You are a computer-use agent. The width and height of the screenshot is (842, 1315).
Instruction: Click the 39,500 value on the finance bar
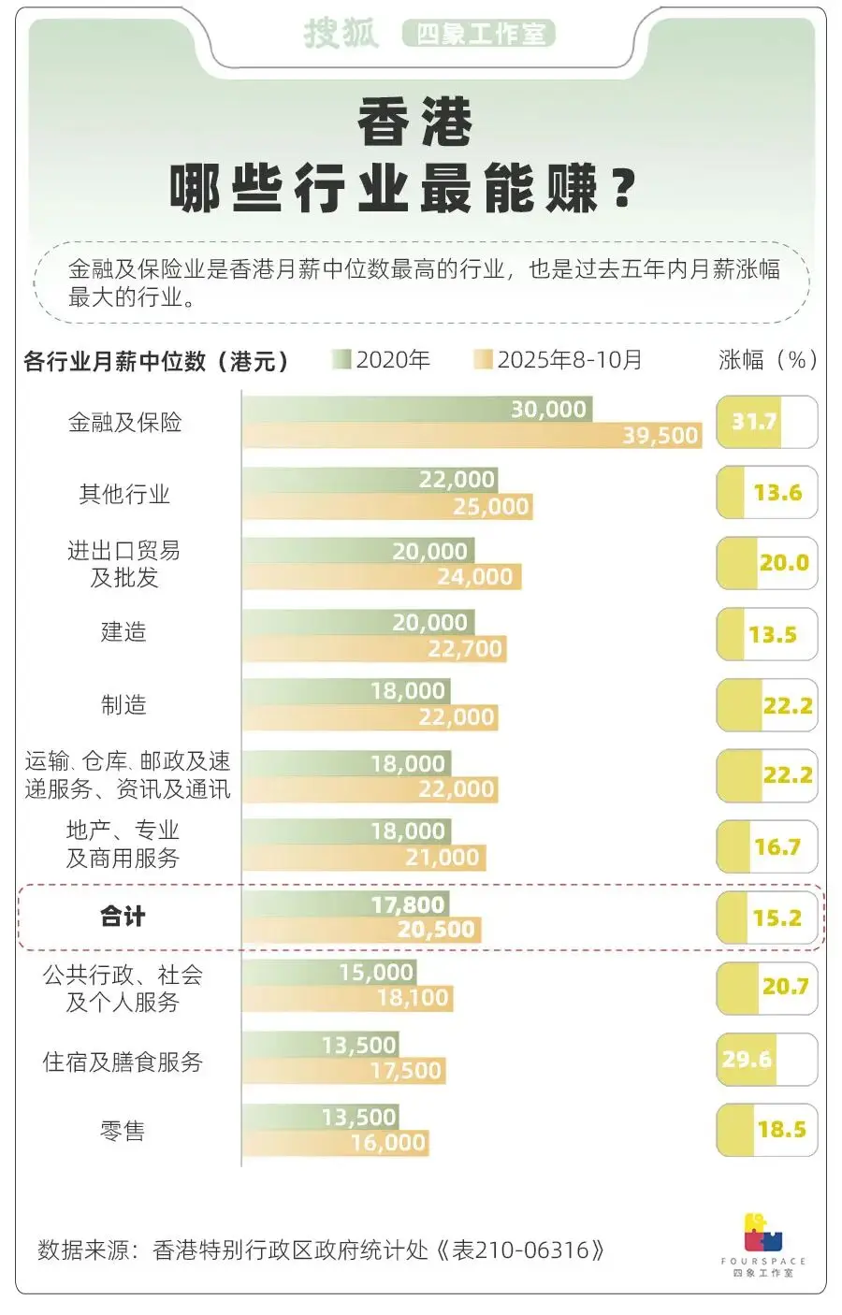661,436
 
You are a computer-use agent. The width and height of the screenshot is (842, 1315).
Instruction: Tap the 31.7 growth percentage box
766,422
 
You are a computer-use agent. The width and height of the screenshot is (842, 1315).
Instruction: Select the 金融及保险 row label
124,423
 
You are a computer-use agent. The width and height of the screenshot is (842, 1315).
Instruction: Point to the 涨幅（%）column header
767,360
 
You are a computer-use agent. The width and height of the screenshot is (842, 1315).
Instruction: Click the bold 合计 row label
123,917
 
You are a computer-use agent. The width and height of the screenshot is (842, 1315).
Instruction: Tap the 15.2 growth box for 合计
766,918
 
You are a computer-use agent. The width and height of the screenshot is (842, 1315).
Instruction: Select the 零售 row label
123,1131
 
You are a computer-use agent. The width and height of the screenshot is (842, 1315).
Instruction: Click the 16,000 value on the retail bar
388,1143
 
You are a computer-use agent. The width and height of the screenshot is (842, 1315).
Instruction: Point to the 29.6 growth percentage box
766,1059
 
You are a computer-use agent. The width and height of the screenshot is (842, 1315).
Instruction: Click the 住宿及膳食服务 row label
123,1062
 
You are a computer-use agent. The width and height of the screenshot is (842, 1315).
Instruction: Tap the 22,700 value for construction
465,649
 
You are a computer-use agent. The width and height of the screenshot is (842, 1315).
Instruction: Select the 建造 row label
123,632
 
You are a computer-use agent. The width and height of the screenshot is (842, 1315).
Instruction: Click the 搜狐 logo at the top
341,34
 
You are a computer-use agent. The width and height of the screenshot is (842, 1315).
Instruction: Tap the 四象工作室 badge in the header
479,35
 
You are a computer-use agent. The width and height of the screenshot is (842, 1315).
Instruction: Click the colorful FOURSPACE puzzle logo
762,1234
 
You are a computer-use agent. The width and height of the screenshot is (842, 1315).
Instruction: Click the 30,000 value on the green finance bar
548,410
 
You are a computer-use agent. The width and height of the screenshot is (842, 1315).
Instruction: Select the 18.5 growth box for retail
766,1129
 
